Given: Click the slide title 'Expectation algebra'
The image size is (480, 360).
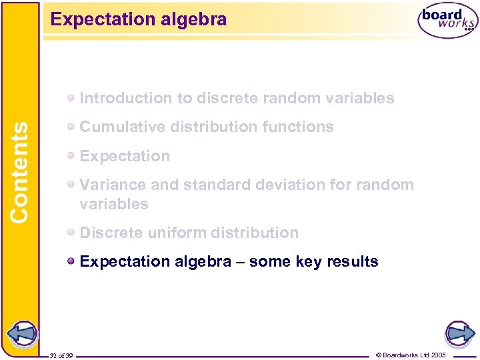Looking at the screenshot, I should [x=139, y=19].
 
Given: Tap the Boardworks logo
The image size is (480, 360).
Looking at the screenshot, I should [x=447, y=21].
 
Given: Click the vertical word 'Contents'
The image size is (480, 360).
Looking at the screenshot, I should [x=20, y=171].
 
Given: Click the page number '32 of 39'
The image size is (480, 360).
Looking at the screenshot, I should [x=61, y=355].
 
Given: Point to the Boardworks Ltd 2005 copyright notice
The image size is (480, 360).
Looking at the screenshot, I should [x=411, y=354].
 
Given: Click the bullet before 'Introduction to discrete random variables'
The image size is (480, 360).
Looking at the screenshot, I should [x=71, y=98].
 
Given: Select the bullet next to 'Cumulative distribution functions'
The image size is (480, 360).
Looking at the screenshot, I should [x=71, y=127].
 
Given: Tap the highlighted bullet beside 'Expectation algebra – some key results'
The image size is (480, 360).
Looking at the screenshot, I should [x=71, y=261].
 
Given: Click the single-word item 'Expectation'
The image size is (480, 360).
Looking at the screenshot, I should [x=125, y=156].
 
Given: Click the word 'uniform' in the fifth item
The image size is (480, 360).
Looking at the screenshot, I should [x=175, y=233].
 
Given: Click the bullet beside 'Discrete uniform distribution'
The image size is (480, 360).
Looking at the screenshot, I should [x=71, y=233].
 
